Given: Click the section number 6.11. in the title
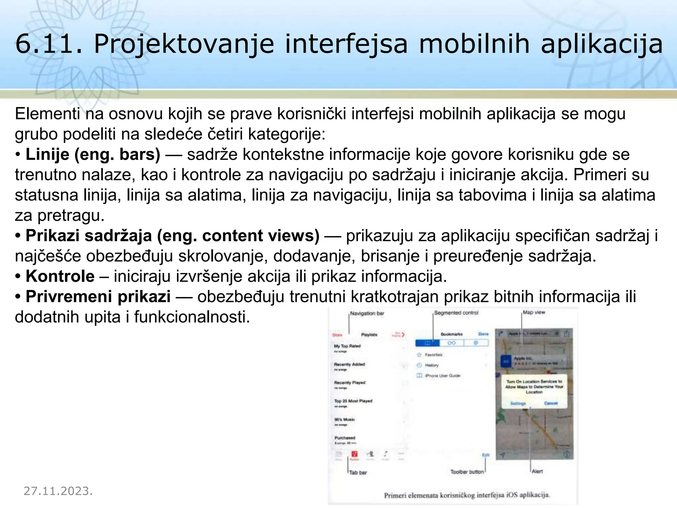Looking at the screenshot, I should pyautogui.click(x=48, y=44).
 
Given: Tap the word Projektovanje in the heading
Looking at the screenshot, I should pyautogui.click(x=184, y=44).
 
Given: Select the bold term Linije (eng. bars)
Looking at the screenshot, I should pyautogui.click(x=93, y=154).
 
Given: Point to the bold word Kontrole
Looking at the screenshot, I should pyautogui.click(x=60, y=276).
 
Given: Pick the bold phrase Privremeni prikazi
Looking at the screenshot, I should pyautogui.click(x=98, y=297).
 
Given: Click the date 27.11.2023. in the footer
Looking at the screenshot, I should pyautogui.click(x=58, y=491).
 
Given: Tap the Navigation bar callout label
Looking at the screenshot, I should pyautogui.click(x=367, y=313).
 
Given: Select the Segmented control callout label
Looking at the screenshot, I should pyautogui.click(x=456, y=313).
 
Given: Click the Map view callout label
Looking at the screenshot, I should pyautogui.click(x=534, y=312).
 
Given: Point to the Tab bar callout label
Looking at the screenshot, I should pyautogui.click(x=358, y=473).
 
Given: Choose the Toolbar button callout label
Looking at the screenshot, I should pyautogui.click(x=467, y=472).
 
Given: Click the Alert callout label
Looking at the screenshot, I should pyautogui.click(x=537, y=471).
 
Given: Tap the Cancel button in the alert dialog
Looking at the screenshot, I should pyautogui.click(x=551, y=403).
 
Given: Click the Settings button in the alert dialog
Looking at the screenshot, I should pyautogui.click(x=518, y=403).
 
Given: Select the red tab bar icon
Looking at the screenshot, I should pyautogui.click(x=354, y=454).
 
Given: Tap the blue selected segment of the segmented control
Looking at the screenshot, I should pyautogui.click(x=427, y=343).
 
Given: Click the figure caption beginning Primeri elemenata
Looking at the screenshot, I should pyautogui.click(x=466, y=495).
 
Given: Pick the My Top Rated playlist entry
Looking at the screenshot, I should pyautogui.click(x=347, y=346).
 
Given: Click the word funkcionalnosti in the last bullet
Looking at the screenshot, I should pyautogui.click(x=192, y=317).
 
